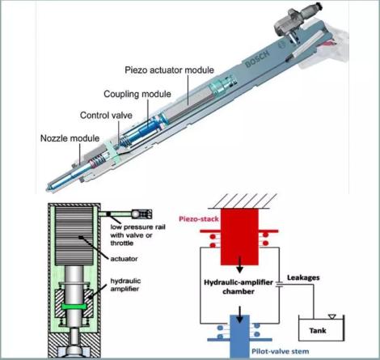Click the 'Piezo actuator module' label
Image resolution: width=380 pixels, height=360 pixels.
169,70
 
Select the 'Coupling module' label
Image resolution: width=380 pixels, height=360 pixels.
137,94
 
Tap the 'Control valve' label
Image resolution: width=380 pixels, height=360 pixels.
106,116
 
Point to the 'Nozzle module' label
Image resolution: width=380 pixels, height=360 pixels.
70,138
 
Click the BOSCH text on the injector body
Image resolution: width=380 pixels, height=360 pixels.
257,58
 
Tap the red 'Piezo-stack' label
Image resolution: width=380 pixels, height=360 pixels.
199,218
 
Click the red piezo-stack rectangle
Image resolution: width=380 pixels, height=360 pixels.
239,237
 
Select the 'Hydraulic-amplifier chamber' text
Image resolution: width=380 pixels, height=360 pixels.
239,286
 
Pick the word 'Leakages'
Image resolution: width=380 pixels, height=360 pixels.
303,277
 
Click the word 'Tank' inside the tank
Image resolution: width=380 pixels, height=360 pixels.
318,330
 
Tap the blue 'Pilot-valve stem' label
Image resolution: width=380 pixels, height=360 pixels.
281,351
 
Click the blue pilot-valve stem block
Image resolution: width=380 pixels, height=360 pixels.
239,337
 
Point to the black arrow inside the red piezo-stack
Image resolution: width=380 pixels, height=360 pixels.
239,265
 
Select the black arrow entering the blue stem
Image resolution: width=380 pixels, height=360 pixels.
239,315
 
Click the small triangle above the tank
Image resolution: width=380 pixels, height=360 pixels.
332,316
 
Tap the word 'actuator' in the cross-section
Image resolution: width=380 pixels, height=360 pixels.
124,259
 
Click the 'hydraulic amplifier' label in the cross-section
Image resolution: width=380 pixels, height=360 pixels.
125,285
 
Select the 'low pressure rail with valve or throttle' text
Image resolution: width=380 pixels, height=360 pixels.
137,235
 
